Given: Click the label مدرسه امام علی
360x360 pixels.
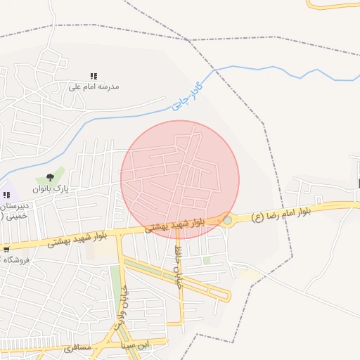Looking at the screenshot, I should [94, 86].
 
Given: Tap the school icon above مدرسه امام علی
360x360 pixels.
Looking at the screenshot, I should [94, 76].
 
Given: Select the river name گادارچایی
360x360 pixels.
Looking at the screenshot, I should [186, 97].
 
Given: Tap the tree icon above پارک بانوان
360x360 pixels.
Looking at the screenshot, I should [49, 178].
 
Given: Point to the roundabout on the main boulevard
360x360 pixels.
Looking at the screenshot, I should [227, 220].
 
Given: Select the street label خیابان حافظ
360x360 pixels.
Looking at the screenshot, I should [179, 260].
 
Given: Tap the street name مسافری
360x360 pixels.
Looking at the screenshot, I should [77, 347].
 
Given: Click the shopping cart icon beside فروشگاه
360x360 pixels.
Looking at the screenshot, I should [6, 248].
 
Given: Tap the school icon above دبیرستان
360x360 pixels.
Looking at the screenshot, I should [6, 194].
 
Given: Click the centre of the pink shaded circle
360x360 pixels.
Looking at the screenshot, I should [180, 179].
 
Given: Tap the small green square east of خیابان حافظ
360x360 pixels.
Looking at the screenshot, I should [207, 260].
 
